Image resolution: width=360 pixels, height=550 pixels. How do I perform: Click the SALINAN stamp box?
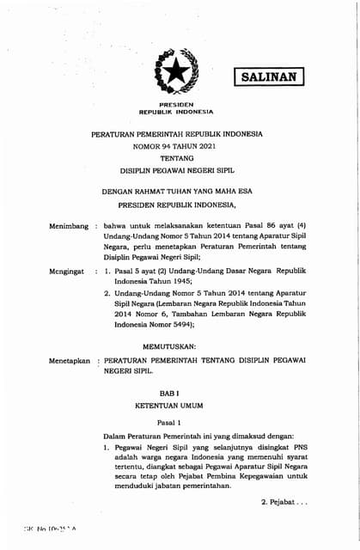269,76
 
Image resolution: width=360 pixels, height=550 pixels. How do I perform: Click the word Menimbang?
68,225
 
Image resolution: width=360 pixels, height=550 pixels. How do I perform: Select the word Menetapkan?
70,362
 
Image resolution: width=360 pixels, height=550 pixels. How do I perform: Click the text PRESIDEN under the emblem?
177,104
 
